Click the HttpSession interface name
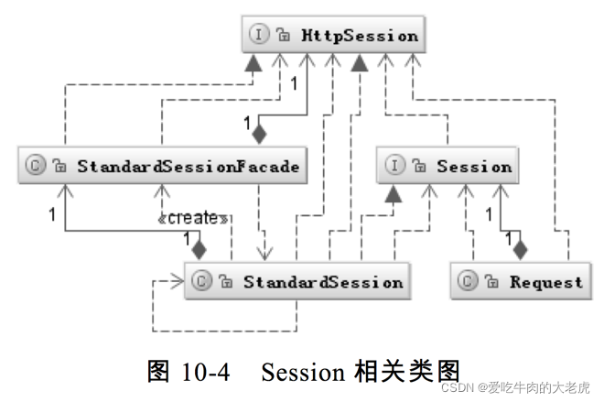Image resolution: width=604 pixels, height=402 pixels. pos(360,36)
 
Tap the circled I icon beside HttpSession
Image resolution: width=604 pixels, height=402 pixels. pos(260,36)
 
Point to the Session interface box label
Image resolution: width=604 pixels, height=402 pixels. pos(473,166)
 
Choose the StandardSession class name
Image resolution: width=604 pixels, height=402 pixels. pos(322,282)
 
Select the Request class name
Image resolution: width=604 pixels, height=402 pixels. pos(545,282)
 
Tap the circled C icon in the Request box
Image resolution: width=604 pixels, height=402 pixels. pos(469,282)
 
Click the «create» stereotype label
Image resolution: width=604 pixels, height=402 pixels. pos(193,218)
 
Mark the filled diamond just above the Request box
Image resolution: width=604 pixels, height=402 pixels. pos(521,247)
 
